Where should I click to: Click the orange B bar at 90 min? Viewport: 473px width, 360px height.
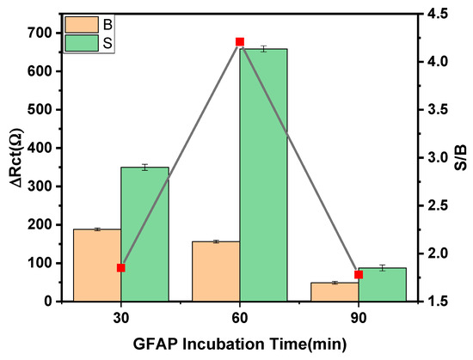(x=335, y=291)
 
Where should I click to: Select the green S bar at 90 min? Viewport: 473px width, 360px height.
(x=382, y=284)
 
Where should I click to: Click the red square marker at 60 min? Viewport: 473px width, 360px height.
(x=240, y=42)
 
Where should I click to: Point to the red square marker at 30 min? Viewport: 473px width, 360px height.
(x=120, y=268)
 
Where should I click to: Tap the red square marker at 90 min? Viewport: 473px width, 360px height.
(x=359, y=275)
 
